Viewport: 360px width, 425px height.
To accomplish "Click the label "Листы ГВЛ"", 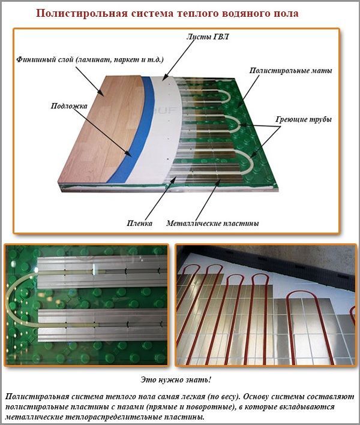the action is tap(207, 37).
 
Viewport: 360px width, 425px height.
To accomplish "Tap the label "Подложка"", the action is tap(69, 106).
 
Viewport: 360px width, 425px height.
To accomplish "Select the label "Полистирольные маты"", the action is tap(290, 71).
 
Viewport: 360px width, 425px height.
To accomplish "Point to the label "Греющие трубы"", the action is tap(304, 119).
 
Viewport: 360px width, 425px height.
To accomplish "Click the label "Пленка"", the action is tap(139, 224).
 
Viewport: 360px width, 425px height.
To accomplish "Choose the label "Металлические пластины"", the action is tap(212, 224).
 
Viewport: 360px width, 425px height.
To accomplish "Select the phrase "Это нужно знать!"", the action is tap(176, 379).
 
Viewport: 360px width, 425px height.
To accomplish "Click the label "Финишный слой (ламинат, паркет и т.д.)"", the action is tap(90, 59).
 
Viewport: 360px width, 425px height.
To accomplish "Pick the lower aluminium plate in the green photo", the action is tap(103, 325).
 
